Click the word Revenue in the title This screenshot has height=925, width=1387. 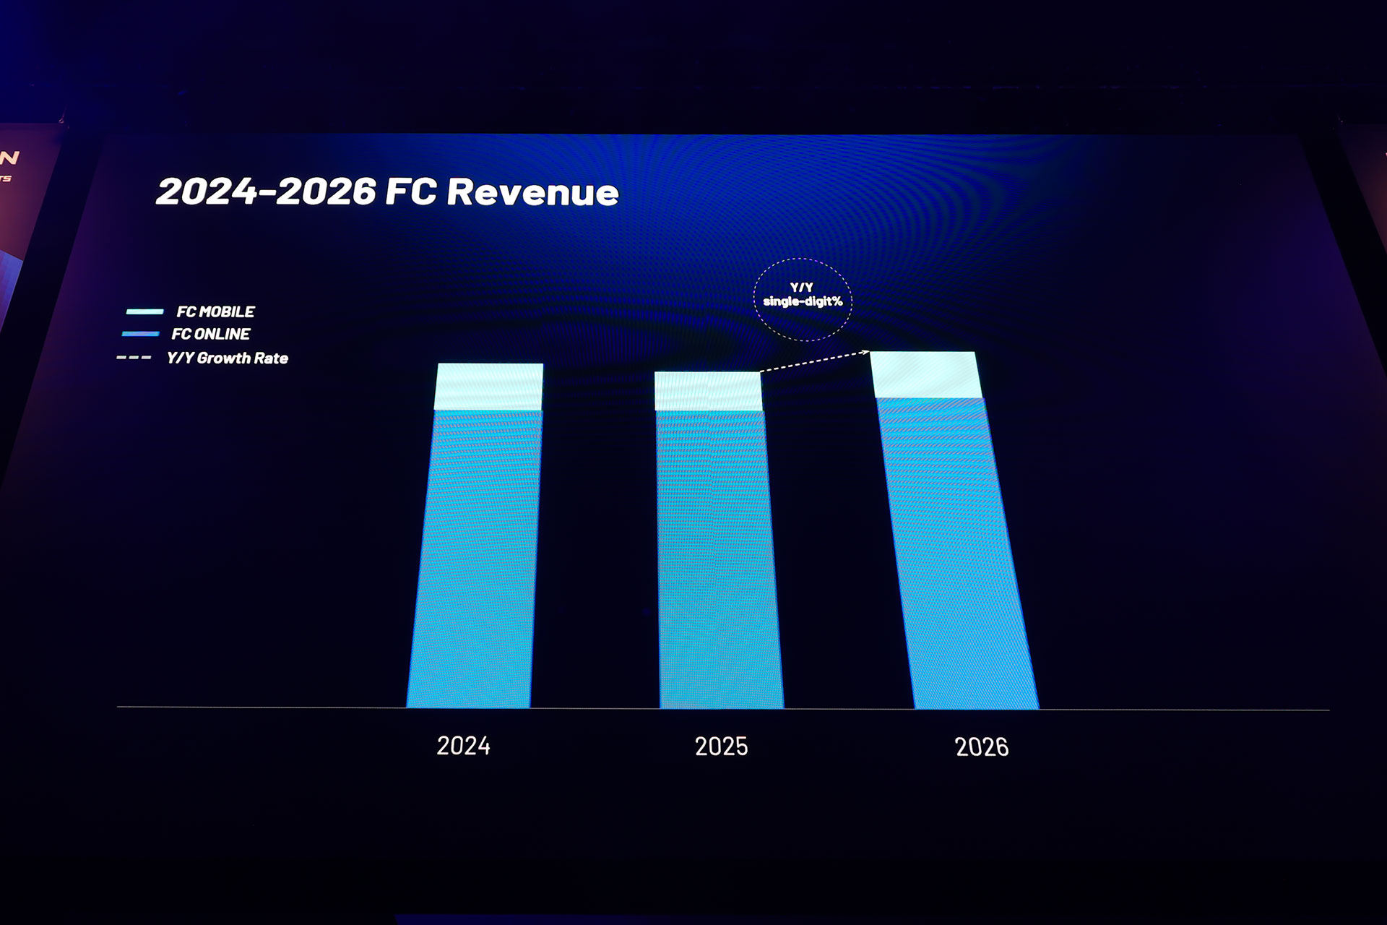[x=532, y=192]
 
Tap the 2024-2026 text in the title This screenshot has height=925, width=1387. [x=266, y=192]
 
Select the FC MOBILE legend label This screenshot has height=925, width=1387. [x=215, y=312]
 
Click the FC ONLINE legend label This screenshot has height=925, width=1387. [x=211, y=334]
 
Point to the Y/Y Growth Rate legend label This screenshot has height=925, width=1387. [x=227, y=358]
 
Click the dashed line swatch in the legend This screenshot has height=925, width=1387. [x=134, y=358]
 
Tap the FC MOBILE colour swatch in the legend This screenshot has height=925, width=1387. [x=144, y=311]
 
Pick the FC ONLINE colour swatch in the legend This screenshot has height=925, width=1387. [x=140, y=334]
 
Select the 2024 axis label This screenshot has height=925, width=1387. [x=463, y=746]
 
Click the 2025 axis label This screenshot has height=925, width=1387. [x=721, y=747]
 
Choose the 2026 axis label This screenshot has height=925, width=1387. [x=981, y=747]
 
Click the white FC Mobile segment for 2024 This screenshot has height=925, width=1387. [x=489, y=387]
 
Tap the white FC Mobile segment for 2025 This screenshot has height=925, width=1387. [x=708, y=391]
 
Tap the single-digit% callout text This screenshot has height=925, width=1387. [x=803, y=301]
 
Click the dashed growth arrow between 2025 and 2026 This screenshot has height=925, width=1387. [x=814, y=361]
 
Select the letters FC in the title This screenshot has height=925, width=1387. [x=410, y=192]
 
